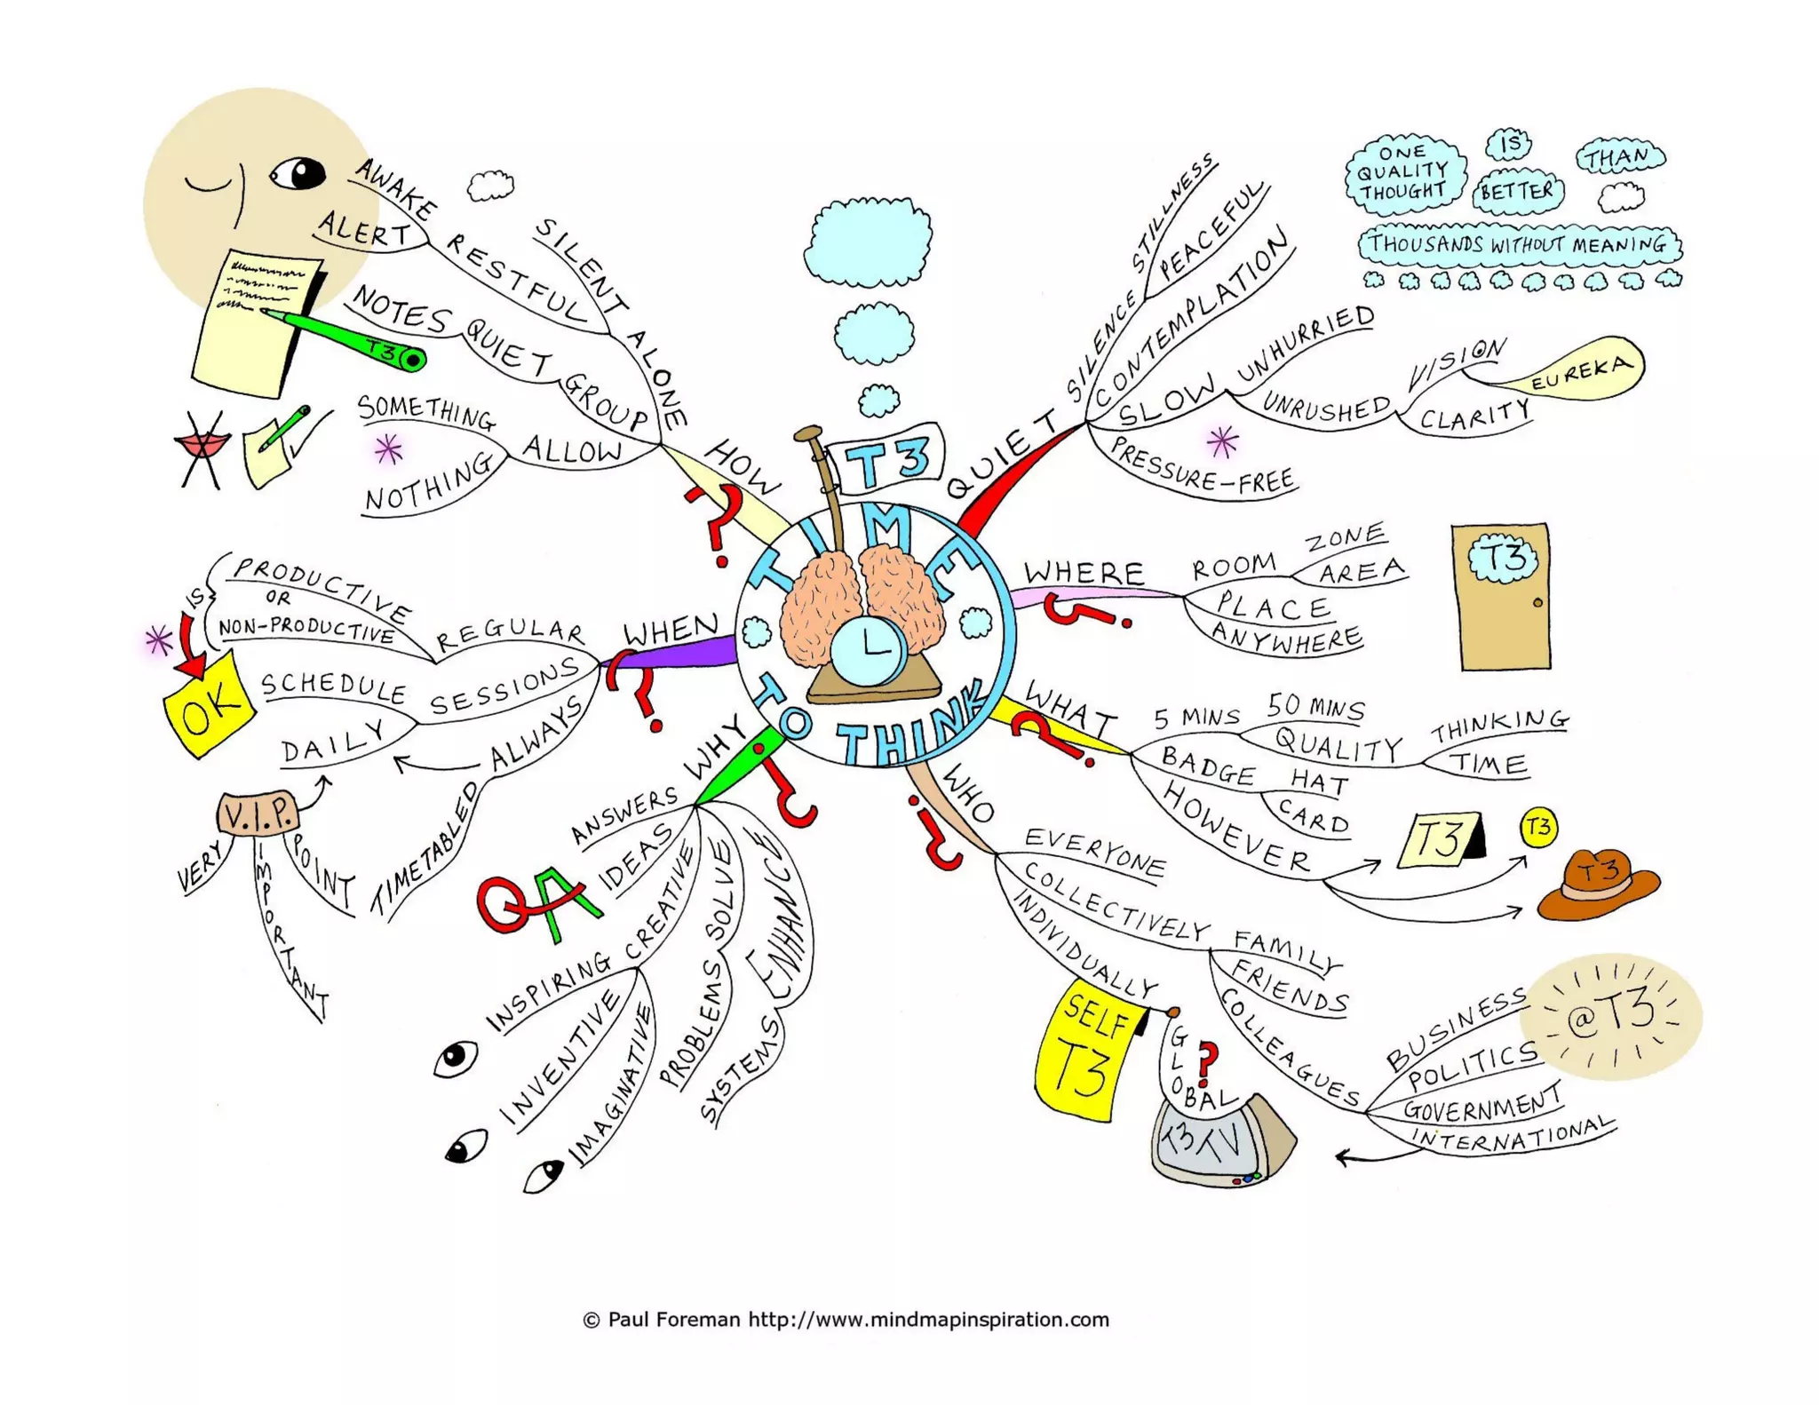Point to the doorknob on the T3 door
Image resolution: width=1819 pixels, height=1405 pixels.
[1537, 603]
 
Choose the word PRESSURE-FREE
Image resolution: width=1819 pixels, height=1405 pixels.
[1203, 469]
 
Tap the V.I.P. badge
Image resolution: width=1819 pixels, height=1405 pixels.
[258, 814]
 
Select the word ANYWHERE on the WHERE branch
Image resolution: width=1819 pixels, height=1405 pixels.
[1285, 637]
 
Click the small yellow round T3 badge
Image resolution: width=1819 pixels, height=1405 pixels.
[1538, 827]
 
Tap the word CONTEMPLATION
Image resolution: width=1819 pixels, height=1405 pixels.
[1190, 315]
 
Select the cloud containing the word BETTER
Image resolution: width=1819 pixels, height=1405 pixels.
[1517, 191]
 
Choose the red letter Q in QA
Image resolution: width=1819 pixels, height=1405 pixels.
[505, 904]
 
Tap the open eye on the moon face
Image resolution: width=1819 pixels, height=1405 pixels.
[298, 172]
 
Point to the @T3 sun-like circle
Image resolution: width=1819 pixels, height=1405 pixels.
[1610, 1017]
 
